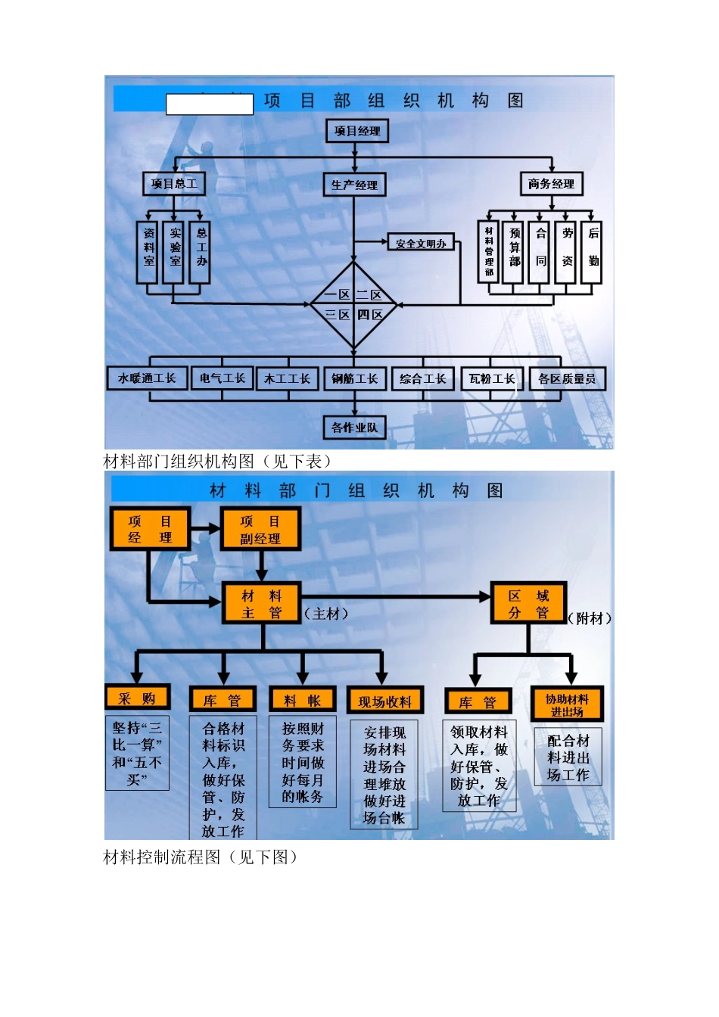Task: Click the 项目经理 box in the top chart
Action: pyautogui.click(x=357, y=131)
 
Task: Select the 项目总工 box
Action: pyautogui.click(x=173, y=184)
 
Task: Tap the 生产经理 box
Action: pyautogui.click(x=354, y=185)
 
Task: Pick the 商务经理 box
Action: pyautogui.click(x=551, y=184)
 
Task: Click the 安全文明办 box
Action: pyautogui.click(x=421, y=243)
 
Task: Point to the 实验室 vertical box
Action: pyautogui.click(x=175, y=252)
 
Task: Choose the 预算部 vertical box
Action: pyautogui.click(x=515, y=252)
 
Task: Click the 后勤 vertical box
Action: pyautogui.click(x=593, y=252)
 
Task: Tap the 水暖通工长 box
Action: pyautogui.click(x=147, y=378)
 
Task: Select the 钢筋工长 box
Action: pyautogui.click(x=354, y=378)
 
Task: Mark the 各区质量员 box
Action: pyautogui.click(x=567, y=378)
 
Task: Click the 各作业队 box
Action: pyautogui.click(x=354, y=428)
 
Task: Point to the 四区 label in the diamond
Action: pyautogui.click(x=370, y=315)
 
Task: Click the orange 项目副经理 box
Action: pyautogui.click(x=260, y=529)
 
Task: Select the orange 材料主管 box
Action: pyautogui.click(x=261, y=604)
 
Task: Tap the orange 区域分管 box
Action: pyautogui.click(x=528, y=603)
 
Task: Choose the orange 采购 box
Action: pyautogui.click(x=137, y=698)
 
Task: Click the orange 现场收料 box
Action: pyautogui.click(x=384, y=701)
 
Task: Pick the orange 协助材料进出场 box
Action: pyautogui.click(x=567, y=704)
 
